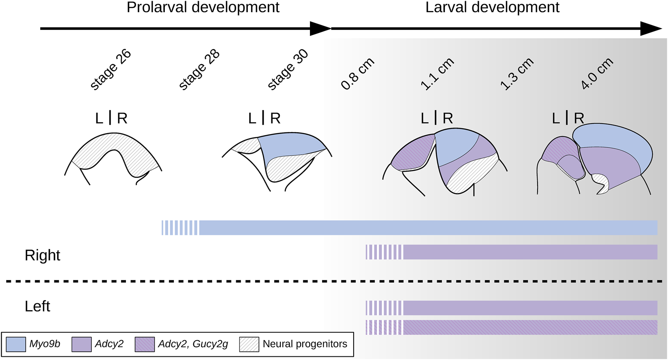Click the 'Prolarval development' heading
pyautogui.click(x=203, y=7)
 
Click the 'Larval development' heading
pyautogui.click(x=492, y=7)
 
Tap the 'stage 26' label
pyautogui.click(x=111, y=70)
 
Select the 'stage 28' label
pyautogui.click(x=199, y=70)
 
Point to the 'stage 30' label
pyautogui.click(x=288, y=70)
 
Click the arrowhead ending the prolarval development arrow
pyautogui.click(x=321, y=29)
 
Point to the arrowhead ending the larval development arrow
pyautogui.click(x=651, y=29)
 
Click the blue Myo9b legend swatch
pyautogui.click(x=16, y=344)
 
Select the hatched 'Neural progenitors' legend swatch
pyautogui.click(x=249, y=344)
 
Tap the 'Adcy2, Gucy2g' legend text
pyautogui.click(x=193, y=344)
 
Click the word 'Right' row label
pyautogui.click(x=43, y=256)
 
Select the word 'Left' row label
pyautogui.click(x=37, y=306)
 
